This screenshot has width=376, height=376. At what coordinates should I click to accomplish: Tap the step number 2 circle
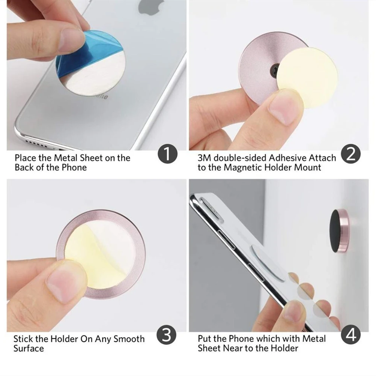point(351,155)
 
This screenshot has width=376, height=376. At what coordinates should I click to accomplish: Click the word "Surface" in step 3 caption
point(29,348)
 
